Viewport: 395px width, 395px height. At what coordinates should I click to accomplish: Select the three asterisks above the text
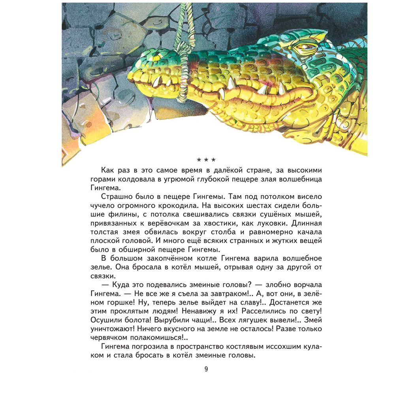pyautogui.click(x=206, y=160)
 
